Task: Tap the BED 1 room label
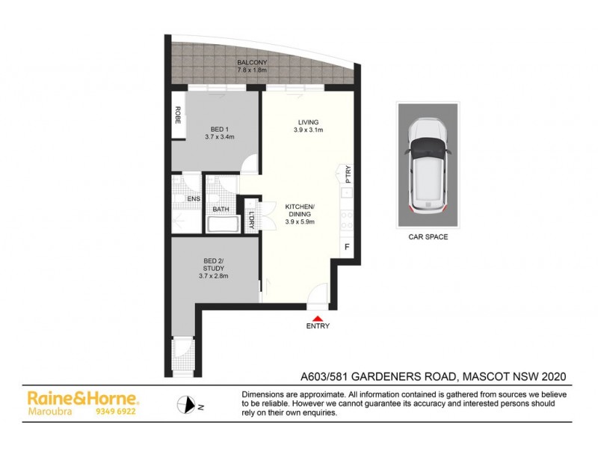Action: (x=220, y=129)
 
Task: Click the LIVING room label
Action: (x=308, y=122)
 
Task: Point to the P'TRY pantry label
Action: (x=348, y=174)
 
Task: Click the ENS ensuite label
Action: (x=193, y=198)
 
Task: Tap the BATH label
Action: (x=221, y=210)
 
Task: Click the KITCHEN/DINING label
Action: (x=303, y=213)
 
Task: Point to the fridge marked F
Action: (x=346, y=247)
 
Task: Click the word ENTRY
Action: (x=318, y=326)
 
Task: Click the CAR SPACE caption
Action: (x=428, y=238)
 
